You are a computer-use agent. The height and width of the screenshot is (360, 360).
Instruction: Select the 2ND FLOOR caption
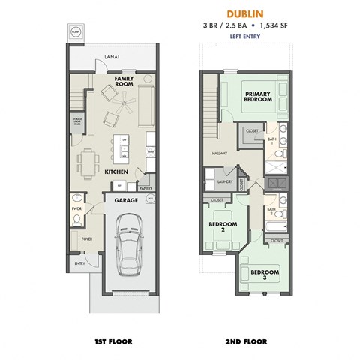coord(247,341)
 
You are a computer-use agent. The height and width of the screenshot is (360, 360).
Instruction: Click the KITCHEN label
coord(116,172)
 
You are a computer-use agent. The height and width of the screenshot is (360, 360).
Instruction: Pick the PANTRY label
coord(145,189)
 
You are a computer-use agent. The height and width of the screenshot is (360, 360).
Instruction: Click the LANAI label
coord(112,55)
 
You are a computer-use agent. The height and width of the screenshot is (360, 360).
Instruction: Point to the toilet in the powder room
coord(77,220)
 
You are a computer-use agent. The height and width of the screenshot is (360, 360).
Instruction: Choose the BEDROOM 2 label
coord(222,227)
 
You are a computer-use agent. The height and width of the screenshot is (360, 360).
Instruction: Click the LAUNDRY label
coord(222,180)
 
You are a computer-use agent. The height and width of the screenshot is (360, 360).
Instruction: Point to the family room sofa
coord(145,97)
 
